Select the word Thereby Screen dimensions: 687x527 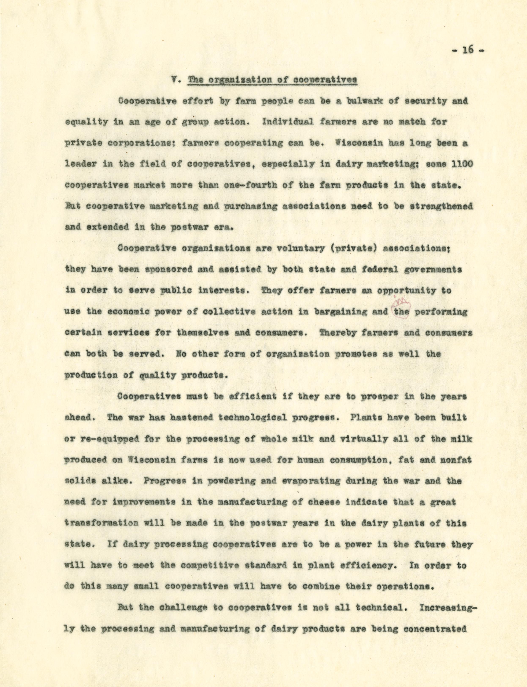342,333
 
